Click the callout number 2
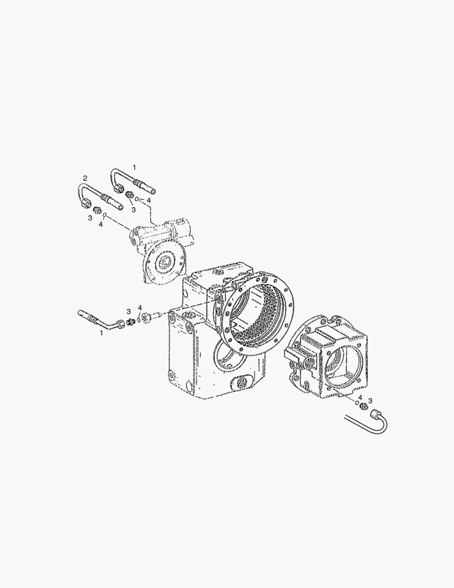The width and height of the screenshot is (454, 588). pos(85,177)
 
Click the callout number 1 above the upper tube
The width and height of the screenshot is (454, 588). pos(134,167)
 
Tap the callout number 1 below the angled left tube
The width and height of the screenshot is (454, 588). pos(101,333)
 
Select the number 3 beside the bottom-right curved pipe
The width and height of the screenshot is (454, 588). pos(370,401)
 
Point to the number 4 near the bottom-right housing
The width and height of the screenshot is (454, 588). pos(360,397)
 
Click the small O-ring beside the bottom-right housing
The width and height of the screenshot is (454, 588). pos(357,403)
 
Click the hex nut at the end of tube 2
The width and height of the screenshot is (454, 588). pos(84,203)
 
